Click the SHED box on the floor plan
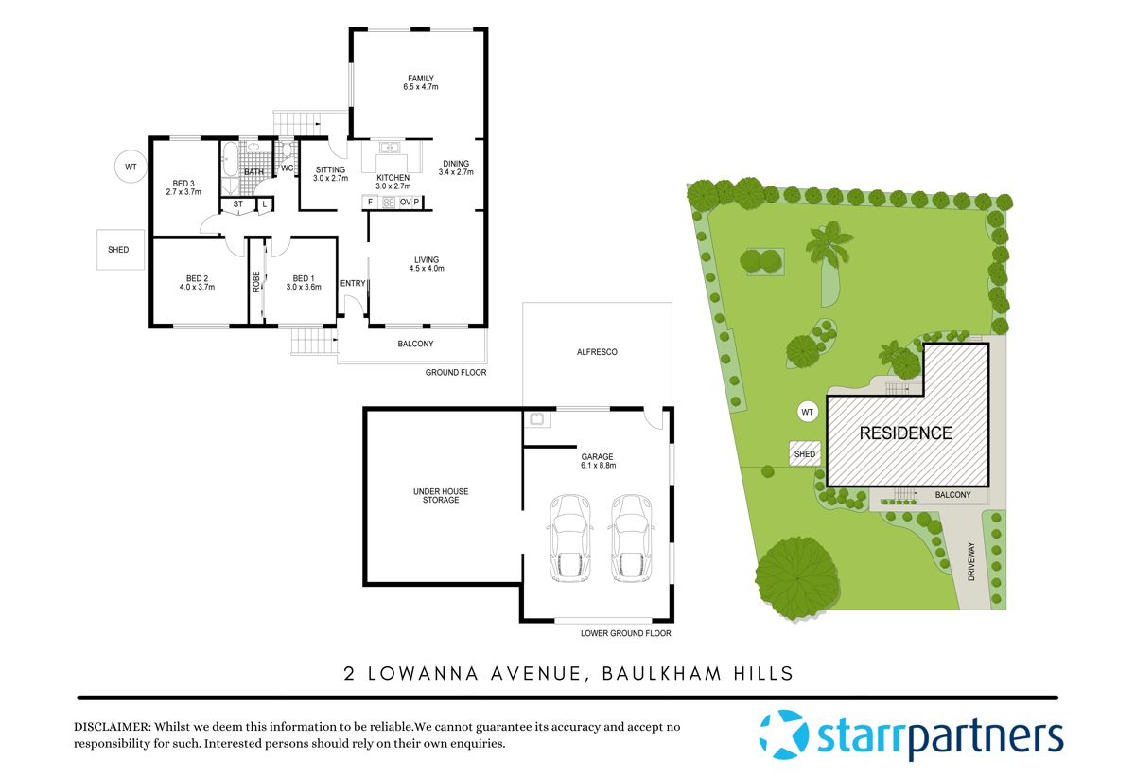tap(118, 250)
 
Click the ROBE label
tap(255, 281)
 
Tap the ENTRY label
tap(353, 283)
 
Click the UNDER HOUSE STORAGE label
tap(441, 495)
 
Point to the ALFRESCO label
tap(597, 352)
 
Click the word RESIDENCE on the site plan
tap(905, 433)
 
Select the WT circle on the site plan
tap(807, 413)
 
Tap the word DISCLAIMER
tap(112, 727)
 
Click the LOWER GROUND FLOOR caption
tap(626, 633)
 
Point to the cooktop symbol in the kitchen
tap(388, 202)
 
